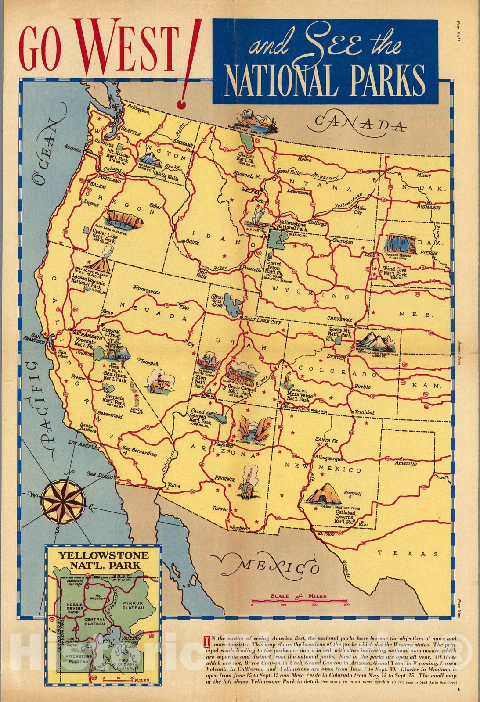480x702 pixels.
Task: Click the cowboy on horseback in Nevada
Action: (x=158, y=382)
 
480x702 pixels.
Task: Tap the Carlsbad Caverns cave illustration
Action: (x=324, y=494)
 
